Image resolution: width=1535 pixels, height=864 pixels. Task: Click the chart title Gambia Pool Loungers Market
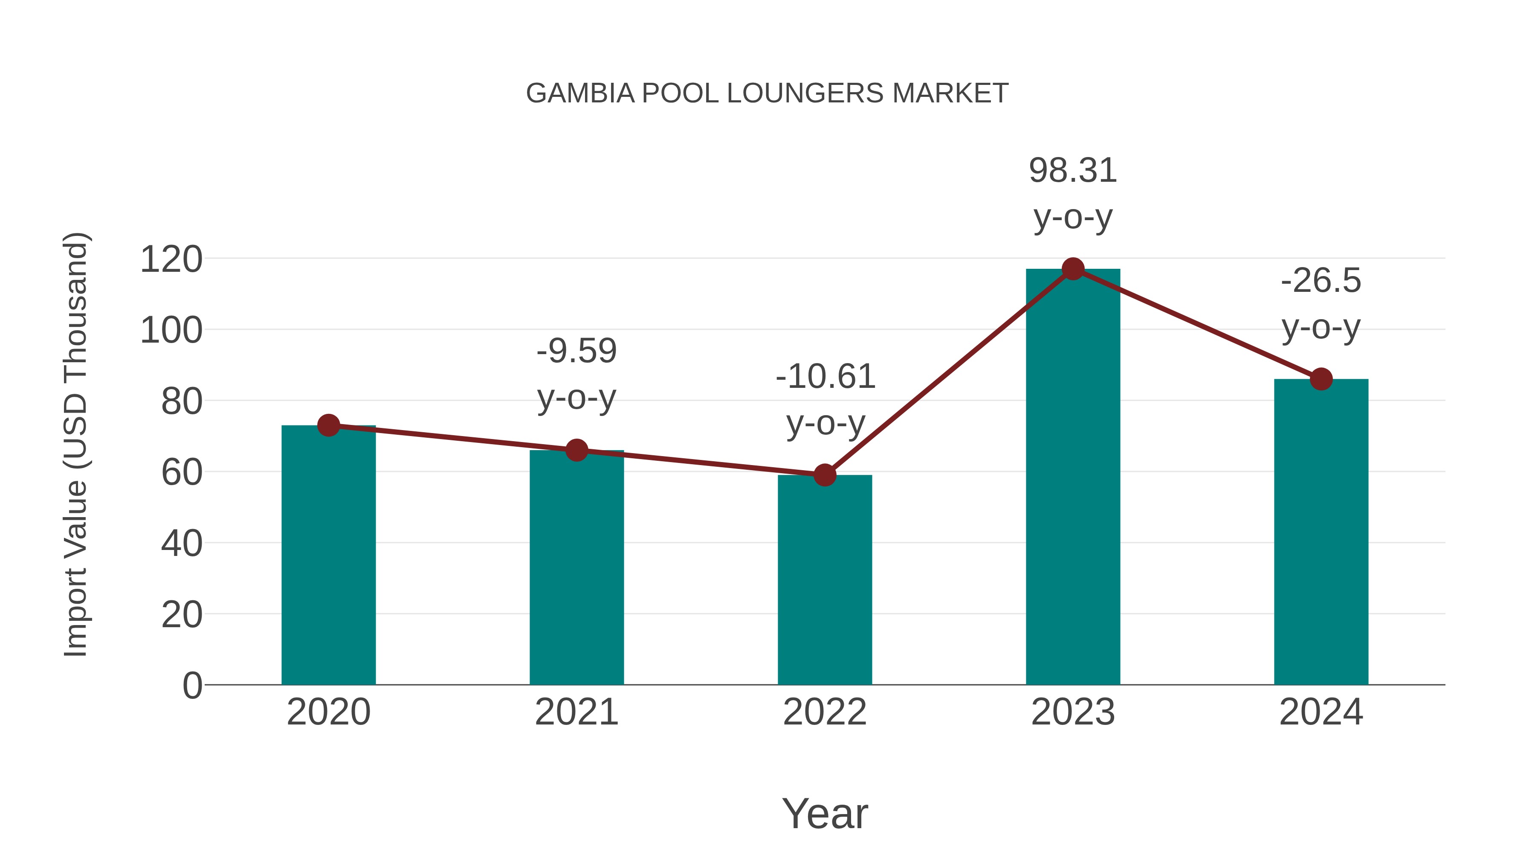(x=767, y=93)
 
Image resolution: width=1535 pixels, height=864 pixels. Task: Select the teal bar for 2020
(x=328, y=555)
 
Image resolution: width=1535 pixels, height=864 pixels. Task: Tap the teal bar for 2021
(x=576, y=567)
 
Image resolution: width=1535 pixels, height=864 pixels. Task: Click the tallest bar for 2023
(x=1073, y=477)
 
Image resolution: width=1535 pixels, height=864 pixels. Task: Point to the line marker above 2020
(x=328, y=425)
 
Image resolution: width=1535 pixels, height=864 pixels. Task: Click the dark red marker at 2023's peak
(x=1073, y=269)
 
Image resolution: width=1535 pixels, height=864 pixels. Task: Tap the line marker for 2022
(x=825, y=475)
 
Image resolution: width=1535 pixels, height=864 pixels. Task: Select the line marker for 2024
(x=1321, y=378)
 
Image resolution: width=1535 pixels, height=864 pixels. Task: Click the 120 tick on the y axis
(x=171, y=260)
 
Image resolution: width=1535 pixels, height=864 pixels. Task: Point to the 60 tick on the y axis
(x=182, y=473)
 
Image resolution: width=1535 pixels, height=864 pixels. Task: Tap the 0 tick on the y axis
(x=192, y=686)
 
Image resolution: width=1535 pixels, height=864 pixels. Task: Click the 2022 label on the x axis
(x=825, y=713)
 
